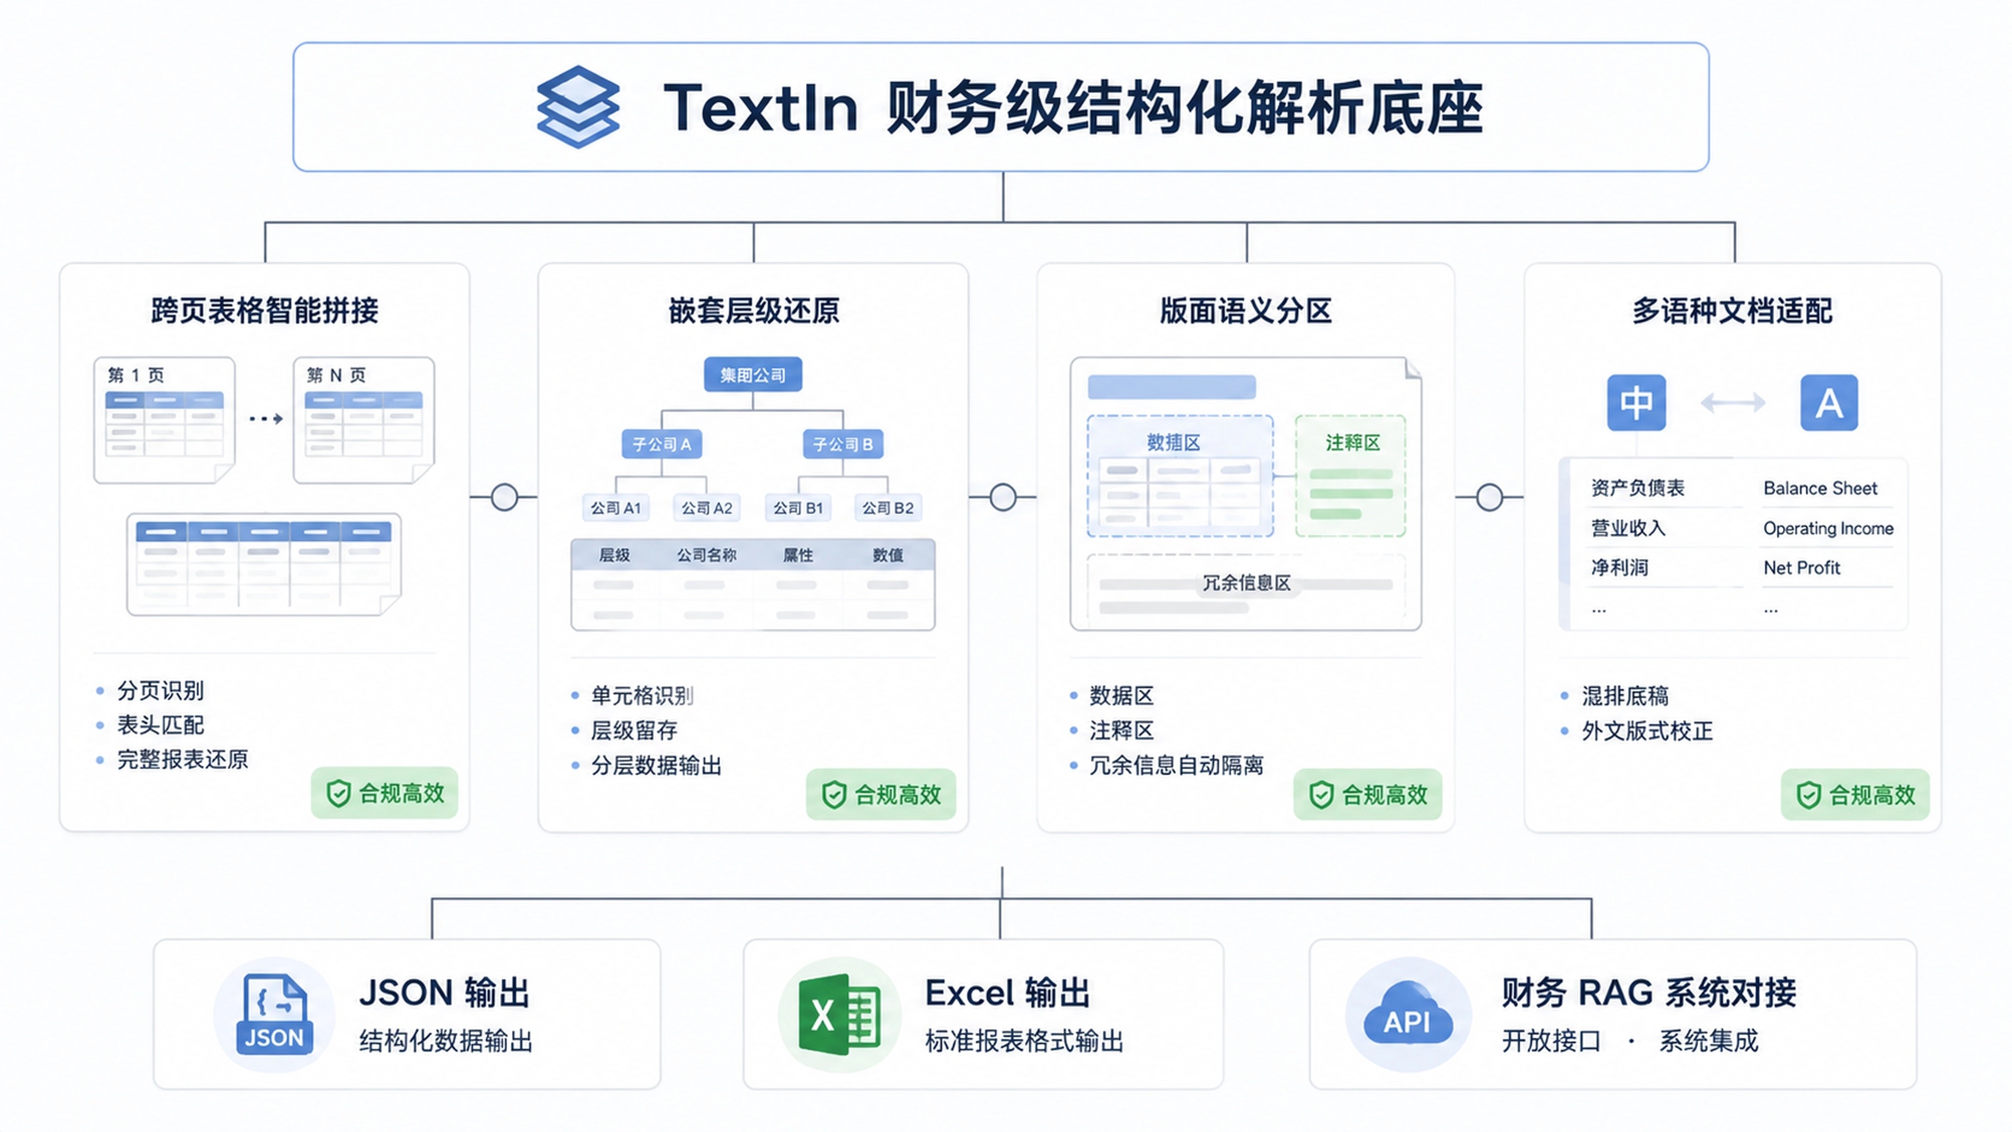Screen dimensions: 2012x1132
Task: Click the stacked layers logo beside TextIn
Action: [578, 107]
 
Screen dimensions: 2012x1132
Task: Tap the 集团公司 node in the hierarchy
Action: [753, 375]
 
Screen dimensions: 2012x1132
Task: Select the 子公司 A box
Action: [662, 444]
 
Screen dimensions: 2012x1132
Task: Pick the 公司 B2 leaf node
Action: [888, 508]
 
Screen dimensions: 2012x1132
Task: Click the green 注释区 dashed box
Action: [1350, 476]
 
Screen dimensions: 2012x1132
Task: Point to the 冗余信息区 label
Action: [1246, 583]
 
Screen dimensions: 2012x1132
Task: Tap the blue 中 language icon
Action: [1636, 402]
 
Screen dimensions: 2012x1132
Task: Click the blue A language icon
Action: [1829, 402]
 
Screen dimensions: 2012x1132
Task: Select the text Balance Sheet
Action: [1820, 488]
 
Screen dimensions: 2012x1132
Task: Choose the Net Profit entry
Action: [1801, 568]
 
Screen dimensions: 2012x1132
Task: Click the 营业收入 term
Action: [1628, 528]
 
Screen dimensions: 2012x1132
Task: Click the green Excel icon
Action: [839, 1014]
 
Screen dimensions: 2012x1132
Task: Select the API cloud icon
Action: [1407, 1015]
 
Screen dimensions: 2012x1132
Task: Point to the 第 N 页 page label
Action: [336, 375]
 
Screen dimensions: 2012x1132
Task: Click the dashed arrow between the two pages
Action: [266, 419]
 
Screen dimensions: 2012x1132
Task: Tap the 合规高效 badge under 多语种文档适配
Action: [1855, 794]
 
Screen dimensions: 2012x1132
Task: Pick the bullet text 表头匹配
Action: [160, 725]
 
